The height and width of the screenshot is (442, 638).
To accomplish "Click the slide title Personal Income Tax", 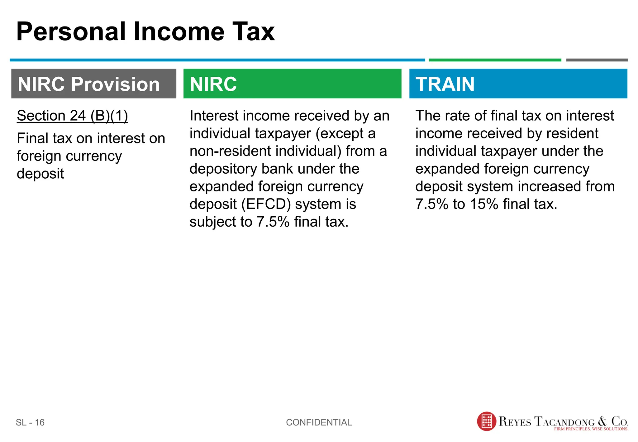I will click(x=145, y=31).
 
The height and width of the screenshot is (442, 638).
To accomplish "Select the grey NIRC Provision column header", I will click(x=94, y=84).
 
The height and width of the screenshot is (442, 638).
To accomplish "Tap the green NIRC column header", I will click(x=292, y=84).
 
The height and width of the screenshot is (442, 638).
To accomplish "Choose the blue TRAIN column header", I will click(x=518, y=84).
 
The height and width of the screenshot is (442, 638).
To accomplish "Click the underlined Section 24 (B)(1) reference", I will click(x=72, y=116).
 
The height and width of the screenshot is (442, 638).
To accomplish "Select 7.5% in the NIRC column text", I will click(x=273, y=222).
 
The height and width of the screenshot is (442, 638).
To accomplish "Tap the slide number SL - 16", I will click(x=30, y=422).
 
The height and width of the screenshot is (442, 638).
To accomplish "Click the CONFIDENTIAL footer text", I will click(x=319, y=422).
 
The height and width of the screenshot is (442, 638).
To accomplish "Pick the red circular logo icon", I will click(x=487, y=421).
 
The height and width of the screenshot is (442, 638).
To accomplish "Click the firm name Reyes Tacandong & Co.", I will click(x=563, y=421).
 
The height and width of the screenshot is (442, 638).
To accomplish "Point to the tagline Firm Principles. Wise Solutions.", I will click(x=591, y=429).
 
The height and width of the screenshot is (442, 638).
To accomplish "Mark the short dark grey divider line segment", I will click(x=597, y=60).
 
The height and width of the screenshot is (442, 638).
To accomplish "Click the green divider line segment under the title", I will click(x=495, y=60).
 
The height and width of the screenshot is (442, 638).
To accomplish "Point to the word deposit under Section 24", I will click(x=40, y=174).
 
